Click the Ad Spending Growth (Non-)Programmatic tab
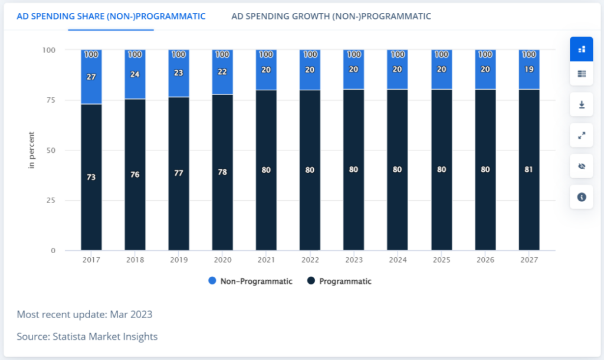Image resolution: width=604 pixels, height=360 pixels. pos(331,16)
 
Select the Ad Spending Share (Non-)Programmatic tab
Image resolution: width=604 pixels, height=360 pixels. pos(111,16)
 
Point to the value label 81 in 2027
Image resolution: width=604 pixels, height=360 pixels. pos(529,170)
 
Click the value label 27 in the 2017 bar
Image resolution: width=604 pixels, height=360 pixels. pos(91,76)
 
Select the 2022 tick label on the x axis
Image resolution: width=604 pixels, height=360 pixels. pos(310,260)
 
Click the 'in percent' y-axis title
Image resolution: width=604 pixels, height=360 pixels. pos(32,150)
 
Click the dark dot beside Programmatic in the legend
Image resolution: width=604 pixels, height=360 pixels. pos(311,282)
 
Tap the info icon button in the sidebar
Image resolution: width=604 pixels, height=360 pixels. pos(582,197)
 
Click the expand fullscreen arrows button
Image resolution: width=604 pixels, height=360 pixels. pos(582,135)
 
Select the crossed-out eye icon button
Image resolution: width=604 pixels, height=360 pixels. pos(582,166)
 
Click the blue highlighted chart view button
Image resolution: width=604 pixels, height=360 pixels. pos(582,49)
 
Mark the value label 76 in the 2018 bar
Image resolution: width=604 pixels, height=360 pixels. pos(135,174)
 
